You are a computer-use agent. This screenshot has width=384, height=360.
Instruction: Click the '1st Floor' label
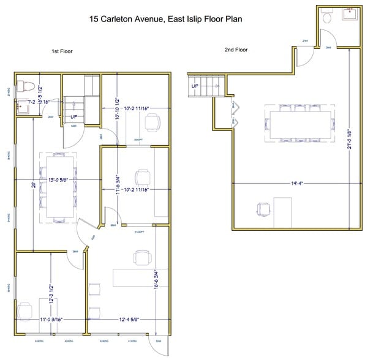pyautogui.click(x=62, y=51)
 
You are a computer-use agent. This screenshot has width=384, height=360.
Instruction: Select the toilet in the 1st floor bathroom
pyautogui.click(x=23, y=85)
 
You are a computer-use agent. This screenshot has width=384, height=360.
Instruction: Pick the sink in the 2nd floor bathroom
pyautogui.click(x=349, y=15)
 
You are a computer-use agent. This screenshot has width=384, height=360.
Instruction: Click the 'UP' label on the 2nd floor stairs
pyautogui.click(x=195, y=86)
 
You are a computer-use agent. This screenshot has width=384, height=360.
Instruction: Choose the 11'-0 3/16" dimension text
pyautogui.click(x=52, y=319)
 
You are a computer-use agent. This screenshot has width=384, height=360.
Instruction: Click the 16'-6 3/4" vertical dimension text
pyautogui.click(x=157, y=279)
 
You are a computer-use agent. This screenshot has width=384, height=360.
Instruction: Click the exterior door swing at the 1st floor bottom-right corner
pyautogui.click(x=162, y=345)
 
